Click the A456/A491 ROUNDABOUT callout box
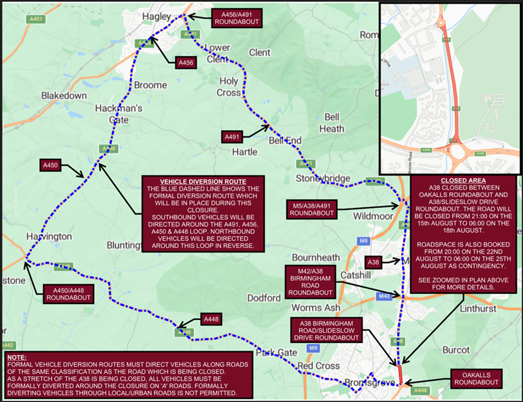pos(236,18)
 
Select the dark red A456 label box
pos(186,63)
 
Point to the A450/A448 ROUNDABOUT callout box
pos(68,294)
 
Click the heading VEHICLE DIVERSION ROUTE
pos(203,182)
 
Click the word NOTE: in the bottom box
pos(17,357)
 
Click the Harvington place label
pos(49,236)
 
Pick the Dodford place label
pos(264,297)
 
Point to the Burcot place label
pos(456,350)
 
